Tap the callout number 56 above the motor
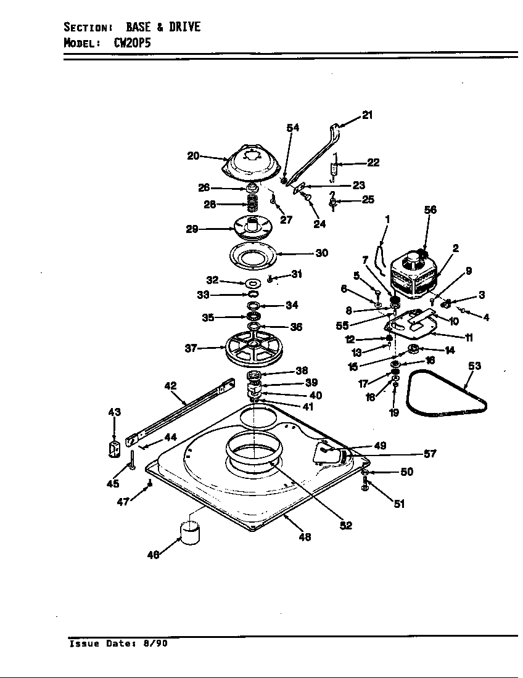pyautogui.click(x=430, y=210)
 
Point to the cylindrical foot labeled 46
pyautogui.click(x=189, y=532)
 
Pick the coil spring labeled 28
pyautogui.click(x=252, y=205)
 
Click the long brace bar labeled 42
pyautogui.click(x=179, y=412)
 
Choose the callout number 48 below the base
pyautogui.click(x=304, y=537)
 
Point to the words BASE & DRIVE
pyautogui.click(x=163, y=28)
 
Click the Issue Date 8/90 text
pyautogui.click(x=118, y=643)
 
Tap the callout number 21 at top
pyautogui.click(x=367, y=115)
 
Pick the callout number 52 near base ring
pyautogui.click(x=345, y=525)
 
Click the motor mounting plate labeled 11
pyautogui.click(x=412, y=330)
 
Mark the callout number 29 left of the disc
pyautogui.click(x=191, y=229)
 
